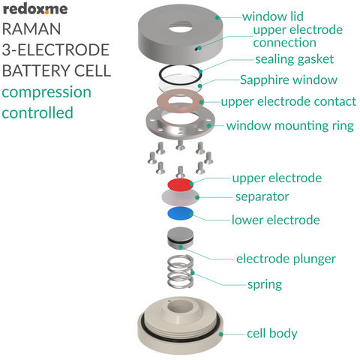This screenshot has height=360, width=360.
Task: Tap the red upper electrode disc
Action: [179, 184]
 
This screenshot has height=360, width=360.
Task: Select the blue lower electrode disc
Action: [179, 214]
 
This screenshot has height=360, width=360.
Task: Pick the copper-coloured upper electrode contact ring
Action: [180, 100]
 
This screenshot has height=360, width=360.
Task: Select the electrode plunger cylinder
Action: [180, 239]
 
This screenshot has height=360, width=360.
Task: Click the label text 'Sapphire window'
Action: [289, 80]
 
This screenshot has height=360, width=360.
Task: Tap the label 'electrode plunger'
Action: [286, 259]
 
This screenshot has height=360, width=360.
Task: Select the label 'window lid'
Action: [272, 16]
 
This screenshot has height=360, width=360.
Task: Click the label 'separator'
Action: [262, 196]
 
